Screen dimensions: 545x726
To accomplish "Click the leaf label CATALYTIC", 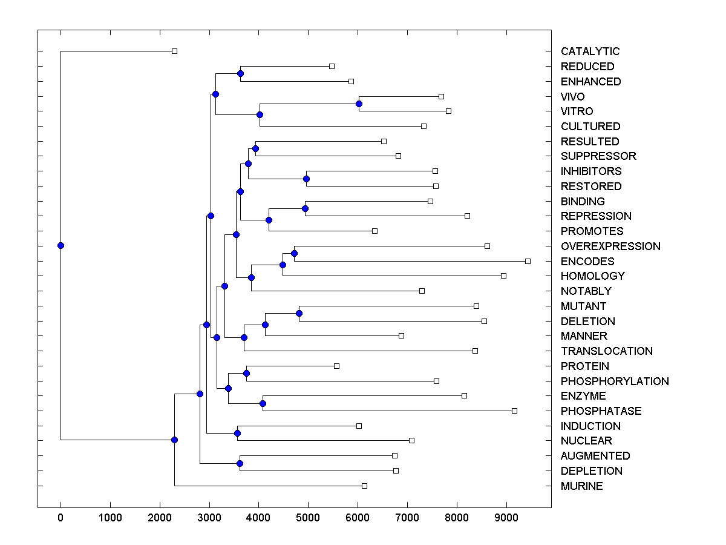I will point(590,51).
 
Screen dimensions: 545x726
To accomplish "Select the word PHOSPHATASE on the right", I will point(601,411).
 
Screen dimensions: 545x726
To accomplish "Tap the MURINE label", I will point(581,486).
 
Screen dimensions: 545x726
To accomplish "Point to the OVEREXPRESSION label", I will point(610,246).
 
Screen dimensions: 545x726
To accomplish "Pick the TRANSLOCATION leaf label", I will point(606,351).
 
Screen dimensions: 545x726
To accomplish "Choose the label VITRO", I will point(577,111).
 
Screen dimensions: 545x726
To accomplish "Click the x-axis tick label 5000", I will point(308,517).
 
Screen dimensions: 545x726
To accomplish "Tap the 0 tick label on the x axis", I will point(60,517).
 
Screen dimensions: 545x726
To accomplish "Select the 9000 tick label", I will point(506,517).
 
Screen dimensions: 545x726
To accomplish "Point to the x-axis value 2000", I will point(160,517).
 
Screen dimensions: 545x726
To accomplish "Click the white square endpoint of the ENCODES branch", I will point(528,261).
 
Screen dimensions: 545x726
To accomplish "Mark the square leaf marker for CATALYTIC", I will point(174,51).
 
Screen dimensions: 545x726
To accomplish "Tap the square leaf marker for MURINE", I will point(364,486).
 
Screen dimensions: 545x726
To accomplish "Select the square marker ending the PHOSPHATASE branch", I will point(514,411).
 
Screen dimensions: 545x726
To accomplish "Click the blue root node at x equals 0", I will point(60,245).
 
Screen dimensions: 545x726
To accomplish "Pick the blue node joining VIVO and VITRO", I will point(359,104).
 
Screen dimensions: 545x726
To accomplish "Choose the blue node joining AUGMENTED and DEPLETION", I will point(240,463).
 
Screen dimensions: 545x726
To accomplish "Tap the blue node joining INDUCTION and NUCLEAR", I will point(237,433).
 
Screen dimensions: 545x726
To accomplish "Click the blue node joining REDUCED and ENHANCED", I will point(240,73).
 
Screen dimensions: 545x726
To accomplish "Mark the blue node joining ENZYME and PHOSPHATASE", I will point(263,403).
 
